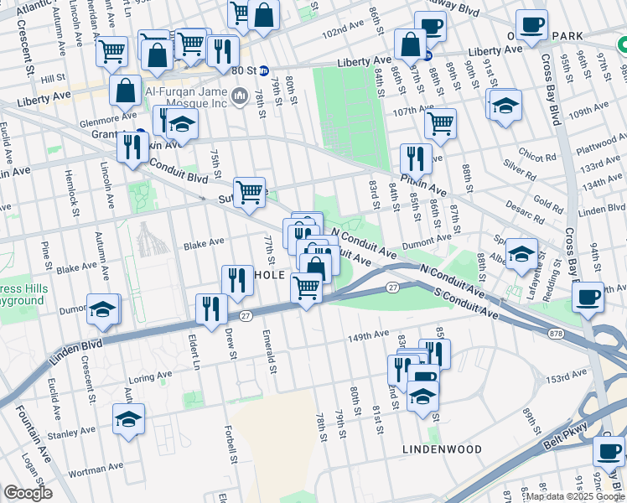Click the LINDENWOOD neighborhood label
pyautogui.click(x=443, y=449)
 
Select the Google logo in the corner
pyautogui.click(x=28, y=493)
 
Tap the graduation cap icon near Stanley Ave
pyautogui.click(x=128, y=420)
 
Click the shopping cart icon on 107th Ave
pyautogui.click(x=440, y=124)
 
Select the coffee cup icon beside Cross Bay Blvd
pyautogui.click(x=587, y=296)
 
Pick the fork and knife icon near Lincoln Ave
pyautogui.click(x=132, y=149)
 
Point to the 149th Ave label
pyautogui.click(x=370, y=338)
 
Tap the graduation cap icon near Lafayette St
pyautogui.click(x=521, y=253)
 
